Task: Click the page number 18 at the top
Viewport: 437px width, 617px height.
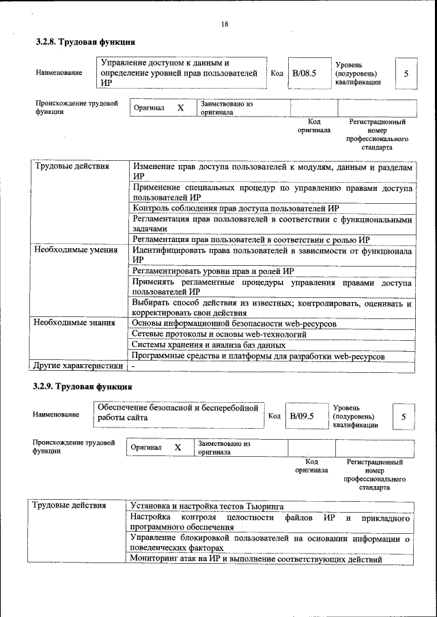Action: pos(225,25)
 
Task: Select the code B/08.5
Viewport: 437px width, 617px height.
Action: pos(304,73)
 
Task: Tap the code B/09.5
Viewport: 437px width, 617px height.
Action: pos(301,416)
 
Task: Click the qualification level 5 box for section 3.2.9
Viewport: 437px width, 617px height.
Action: pos(404,416)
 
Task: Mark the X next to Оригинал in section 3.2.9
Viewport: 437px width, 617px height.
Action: pos(178,447)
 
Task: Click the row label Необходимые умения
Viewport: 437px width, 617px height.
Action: pos(72,251)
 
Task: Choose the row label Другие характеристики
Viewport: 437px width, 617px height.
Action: pos(79,366)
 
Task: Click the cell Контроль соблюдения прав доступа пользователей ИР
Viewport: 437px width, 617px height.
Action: pos(236,209)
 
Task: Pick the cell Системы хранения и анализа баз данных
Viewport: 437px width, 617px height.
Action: pos(208,345)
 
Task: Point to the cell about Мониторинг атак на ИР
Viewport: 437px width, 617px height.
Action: pos(256,560)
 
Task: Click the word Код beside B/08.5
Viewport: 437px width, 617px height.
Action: pos(277,73)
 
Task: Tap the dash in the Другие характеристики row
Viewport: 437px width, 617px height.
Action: pos(134,367)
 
